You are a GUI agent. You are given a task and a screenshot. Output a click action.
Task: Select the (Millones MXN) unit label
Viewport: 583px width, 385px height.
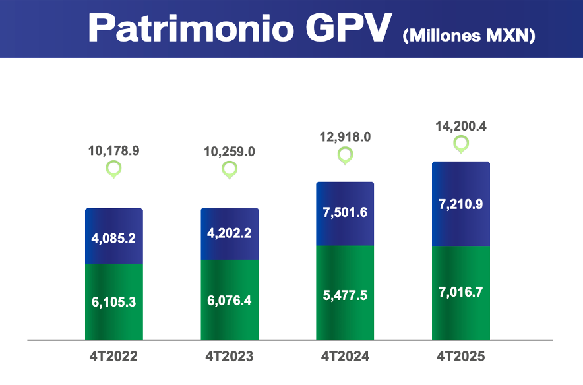pyautogui.click(x=468, y=36)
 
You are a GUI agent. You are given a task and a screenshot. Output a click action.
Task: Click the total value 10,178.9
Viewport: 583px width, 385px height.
pyautogui.click(x=113, y=150)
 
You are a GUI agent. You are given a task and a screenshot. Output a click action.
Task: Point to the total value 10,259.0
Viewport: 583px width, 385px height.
pyautogui.click(x=230, y=152)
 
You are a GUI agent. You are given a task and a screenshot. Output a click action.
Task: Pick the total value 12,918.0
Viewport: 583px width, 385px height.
pyautogui.click(x=345, y=137)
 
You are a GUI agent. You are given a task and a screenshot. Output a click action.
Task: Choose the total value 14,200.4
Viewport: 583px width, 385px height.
pyautogui.click(x=460, y=125)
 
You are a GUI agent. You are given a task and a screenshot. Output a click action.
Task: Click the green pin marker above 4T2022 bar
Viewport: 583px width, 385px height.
pyautogui.click(x=114, y=169)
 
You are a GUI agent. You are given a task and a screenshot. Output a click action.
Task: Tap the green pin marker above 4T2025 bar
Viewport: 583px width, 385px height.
pyautogui.click(x=460, y=144)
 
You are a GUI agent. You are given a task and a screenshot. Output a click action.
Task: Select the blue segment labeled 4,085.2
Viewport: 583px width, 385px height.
pyautogui.click(x=113, y=237)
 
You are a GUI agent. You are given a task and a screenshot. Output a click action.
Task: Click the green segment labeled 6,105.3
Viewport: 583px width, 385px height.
pyautogui.click(x=113, y=301)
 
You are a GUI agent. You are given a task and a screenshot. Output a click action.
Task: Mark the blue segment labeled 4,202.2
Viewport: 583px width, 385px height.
pyautogui.click(x=230, y=234)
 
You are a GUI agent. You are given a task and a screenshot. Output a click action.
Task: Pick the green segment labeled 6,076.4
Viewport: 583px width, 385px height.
pyautogui.click(x=230, y=300)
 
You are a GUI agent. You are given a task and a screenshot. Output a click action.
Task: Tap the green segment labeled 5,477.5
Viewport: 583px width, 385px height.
pyautogui.click(x=345, y=293)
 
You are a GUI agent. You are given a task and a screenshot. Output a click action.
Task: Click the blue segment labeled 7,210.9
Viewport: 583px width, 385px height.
pyautogui.click(x=460, y=204)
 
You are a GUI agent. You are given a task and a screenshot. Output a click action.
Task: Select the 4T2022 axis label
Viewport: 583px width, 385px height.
pyautogui.click(x=113, y=357)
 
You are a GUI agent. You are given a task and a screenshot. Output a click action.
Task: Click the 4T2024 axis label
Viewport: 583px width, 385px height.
pyautogui.click(x=345, y=357)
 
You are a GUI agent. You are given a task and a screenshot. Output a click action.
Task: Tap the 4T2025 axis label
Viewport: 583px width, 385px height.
pyautogui.click(x=460, y=357)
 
